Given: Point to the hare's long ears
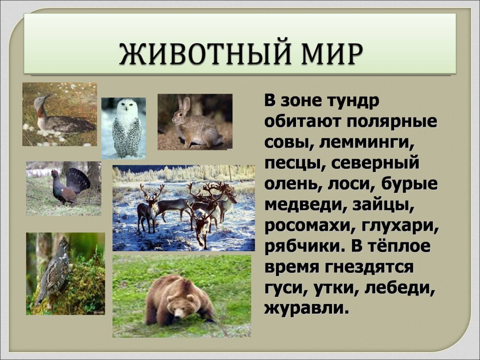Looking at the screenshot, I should (x=184, y=104).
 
